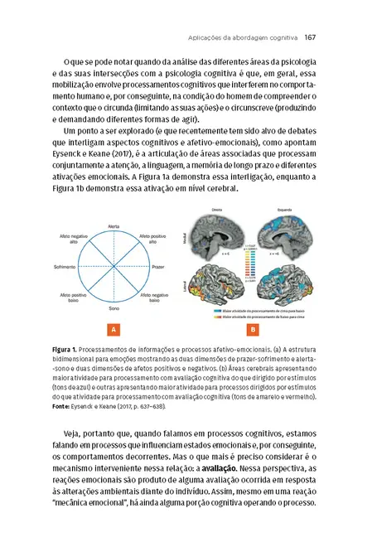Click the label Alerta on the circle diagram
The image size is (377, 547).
click(114, 225)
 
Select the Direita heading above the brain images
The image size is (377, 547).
click(218, 210)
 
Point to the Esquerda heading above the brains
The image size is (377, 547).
click(285, 210)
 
